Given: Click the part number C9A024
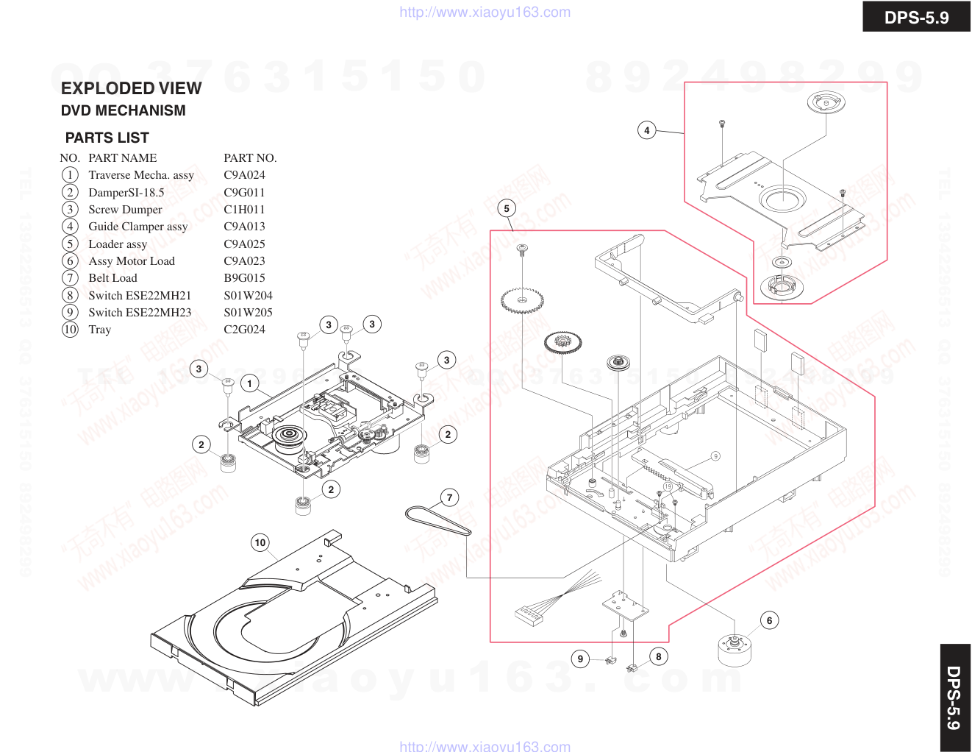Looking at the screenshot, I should (244, 175).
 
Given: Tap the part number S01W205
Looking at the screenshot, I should (248, 313).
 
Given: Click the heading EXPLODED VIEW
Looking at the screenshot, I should (131, 88).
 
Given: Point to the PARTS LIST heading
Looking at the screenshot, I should (107, 138).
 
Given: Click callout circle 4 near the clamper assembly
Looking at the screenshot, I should (646, 131).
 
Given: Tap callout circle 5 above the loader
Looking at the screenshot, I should (507, 208).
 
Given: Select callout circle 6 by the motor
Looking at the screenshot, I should (769, 620).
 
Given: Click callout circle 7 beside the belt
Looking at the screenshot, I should (450, 497).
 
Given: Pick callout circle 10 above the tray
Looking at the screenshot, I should (260, 543).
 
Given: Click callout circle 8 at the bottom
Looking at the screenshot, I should (659, 656).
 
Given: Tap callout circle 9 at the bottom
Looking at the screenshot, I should (580, 659).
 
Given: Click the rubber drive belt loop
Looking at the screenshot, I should (437, 520).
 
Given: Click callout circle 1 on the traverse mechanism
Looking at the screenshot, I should (250, 383).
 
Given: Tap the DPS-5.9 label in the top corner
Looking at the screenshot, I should (916, 17).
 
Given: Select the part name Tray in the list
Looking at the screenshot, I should (100, 330).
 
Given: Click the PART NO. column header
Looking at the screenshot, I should (250, 158).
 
